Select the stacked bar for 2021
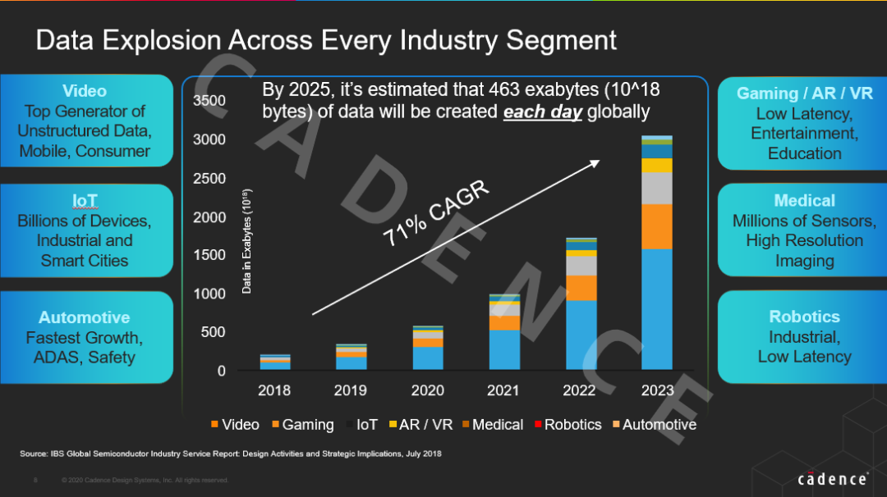(503, 332)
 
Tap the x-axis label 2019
(351, 390)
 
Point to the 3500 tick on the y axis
(209, 101)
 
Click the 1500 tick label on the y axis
(209, 255)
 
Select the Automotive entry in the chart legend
(659, 424)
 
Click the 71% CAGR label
(436, 215)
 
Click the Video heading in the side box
(85, 91)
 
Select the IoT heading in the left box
(85, 201)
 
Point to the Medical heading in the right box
(804, 201)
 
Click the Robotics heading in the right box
(804, 317)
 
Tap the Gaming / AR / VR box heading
(804, 93)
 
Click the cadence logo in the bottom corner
(832, 479)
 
